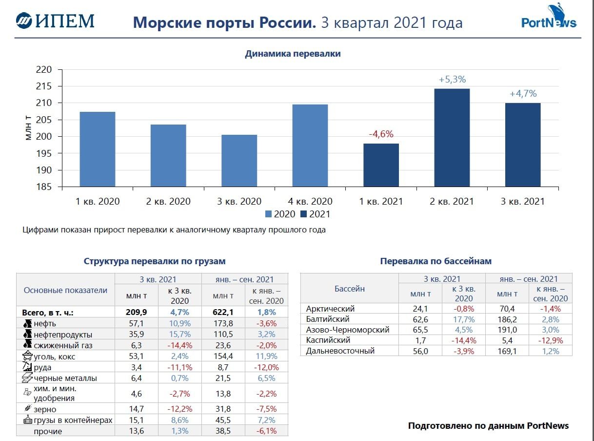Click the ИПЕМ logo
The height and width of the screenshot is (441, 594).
point(55,21)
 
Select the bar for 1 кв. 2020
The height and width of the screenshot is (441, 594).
point(98,149)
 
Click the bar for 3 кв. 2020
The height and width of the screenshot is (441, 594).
point(239,161)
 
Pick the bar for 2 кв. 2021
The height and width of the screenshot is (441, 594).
point(452,138)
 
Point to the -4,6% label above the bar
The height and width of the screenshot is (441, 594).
point(381,134)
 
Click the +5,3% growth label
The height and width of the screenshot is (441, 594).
point(452,80)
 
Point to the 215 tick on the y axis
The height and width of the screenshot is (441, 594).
point(44,86)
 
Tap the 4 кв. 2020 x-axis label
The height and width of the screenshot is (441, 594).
point(310,201)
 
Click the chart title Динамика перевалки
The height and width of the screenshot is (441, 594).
point(293,54)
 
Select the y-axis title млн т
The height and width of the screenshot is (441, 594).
point(28,128)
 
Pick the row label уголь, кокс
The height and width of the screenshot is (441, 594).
point(55,357)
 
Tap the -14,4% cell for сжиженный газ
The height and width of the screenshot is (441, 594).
point(180,346)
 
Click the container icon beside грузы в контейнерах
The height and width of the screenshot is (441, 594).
point(27,420)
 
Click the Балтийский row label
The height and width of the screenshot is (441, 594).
point(328,319)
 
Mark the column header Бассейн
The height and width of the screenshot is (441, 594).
point(349,288)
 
